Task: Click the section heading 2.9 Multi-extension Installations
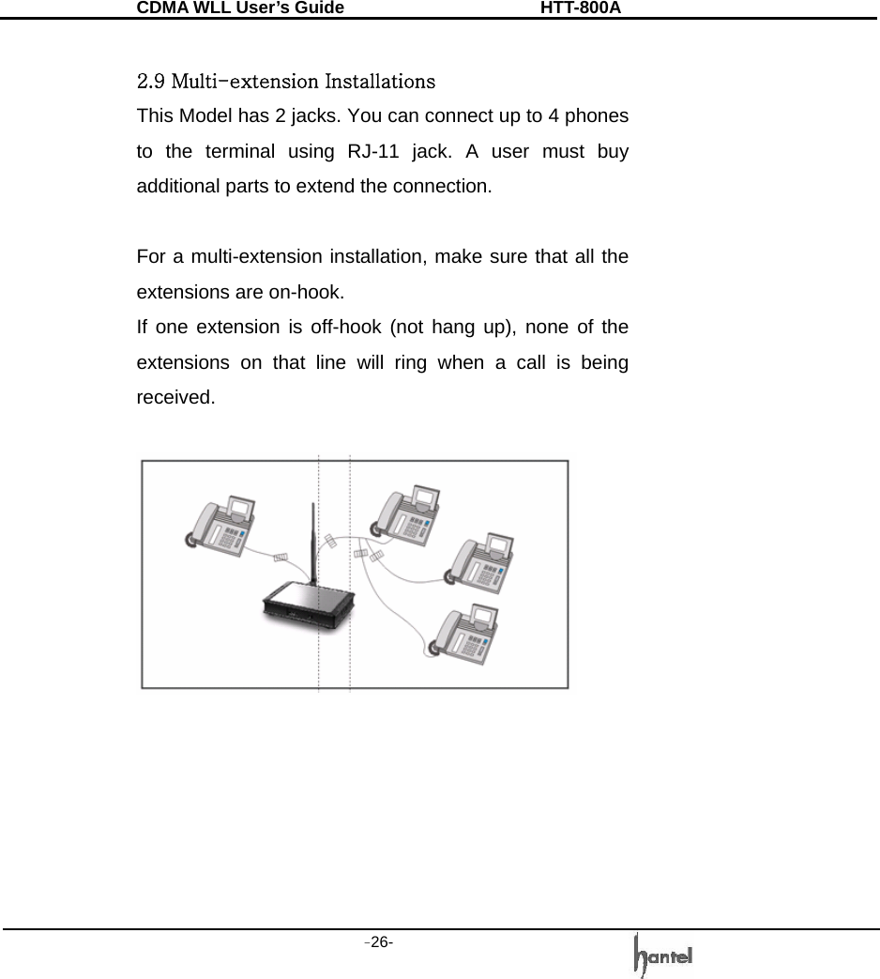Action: pos(285,80)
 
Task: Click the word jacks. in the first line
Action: pos(316,115)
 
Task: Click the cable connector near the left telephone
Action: pos(280,558)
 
